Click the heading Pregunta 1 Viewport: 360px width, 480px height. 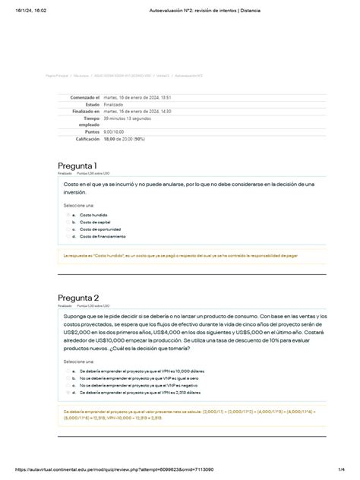pos(77,166)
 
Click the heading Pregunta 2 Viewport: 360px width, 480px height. pos(77,298)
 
